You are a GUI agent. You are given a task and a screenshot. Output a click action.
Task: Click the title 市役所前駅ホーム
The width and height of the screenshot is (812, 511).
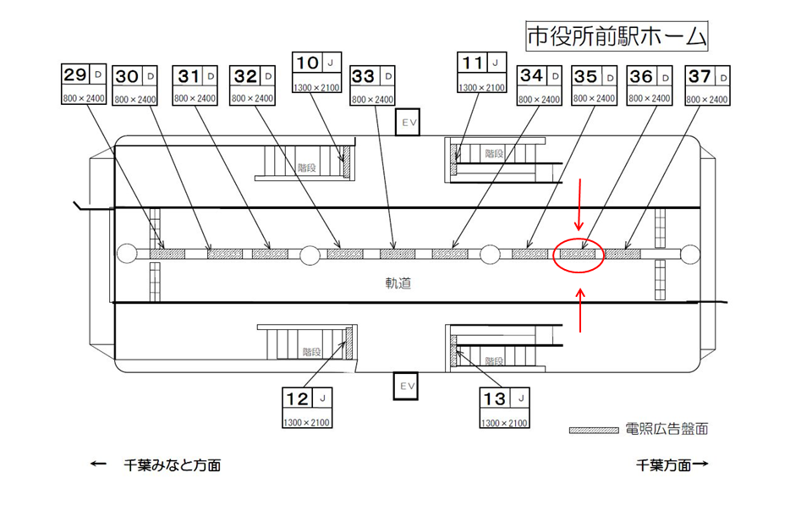pos(615,36)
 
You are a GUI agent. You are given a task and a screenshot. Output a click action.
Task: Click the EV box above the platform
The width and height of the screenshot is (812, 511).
pos(409,123)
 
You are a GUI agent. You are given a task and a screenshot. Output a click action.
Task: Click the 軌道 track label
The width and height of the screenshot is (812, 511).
pos(398,283)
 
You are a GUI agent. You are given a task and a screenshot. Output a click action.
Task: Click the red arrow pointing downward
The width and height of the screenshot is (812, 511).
pos(579,206)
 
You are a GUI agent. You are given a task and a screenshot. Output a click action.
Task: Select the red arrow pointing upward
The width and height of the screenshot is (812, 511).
pos(580,309)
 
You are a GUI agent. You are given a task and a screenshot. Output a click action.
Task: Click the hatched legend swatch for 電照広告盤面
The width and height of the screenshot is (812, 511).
pos(593,430)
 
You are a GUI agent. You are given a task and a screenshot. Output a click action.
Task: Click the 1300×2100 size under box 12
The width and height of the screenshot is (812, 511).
pos(306,422)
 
